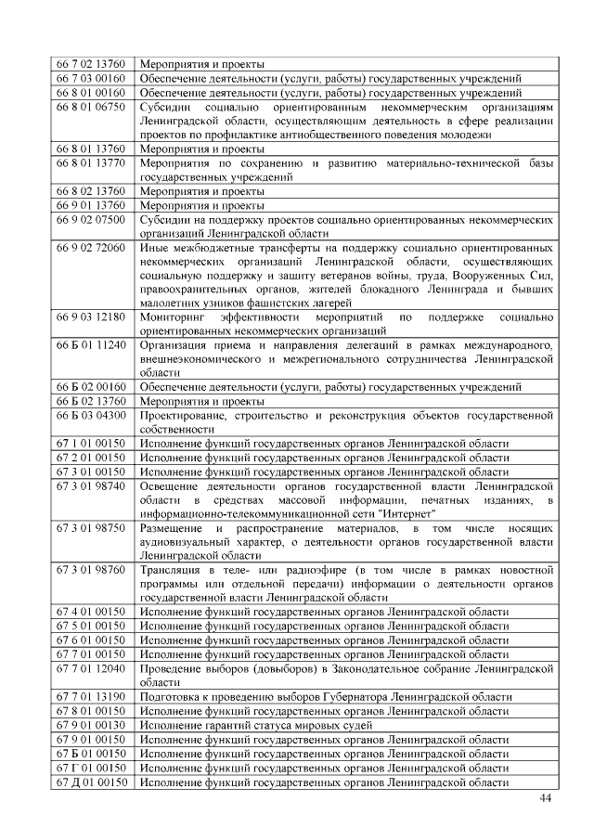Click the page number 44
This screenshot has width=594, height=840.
pos(545,799)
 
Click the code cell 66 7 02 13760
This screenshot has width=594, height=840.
pos(91,64)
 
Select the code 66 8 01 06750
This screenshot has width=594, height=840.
pos(91,108)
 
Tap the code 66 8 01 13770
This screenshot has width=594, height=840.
pos(91,162)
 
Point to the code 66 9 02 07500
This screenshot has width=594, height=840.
pos(91,219)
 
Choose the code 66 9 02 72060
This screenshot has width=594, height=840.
pos(91,248)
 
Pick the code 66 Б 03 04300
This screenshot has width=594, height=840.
pos(91,415)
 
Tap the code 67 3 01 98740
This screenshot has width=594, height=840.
pos(91,485)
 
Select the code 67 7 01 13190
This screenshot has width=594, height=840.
pos(91,696)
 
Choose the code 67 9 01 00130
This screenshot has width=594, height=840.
pos(91,725)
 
